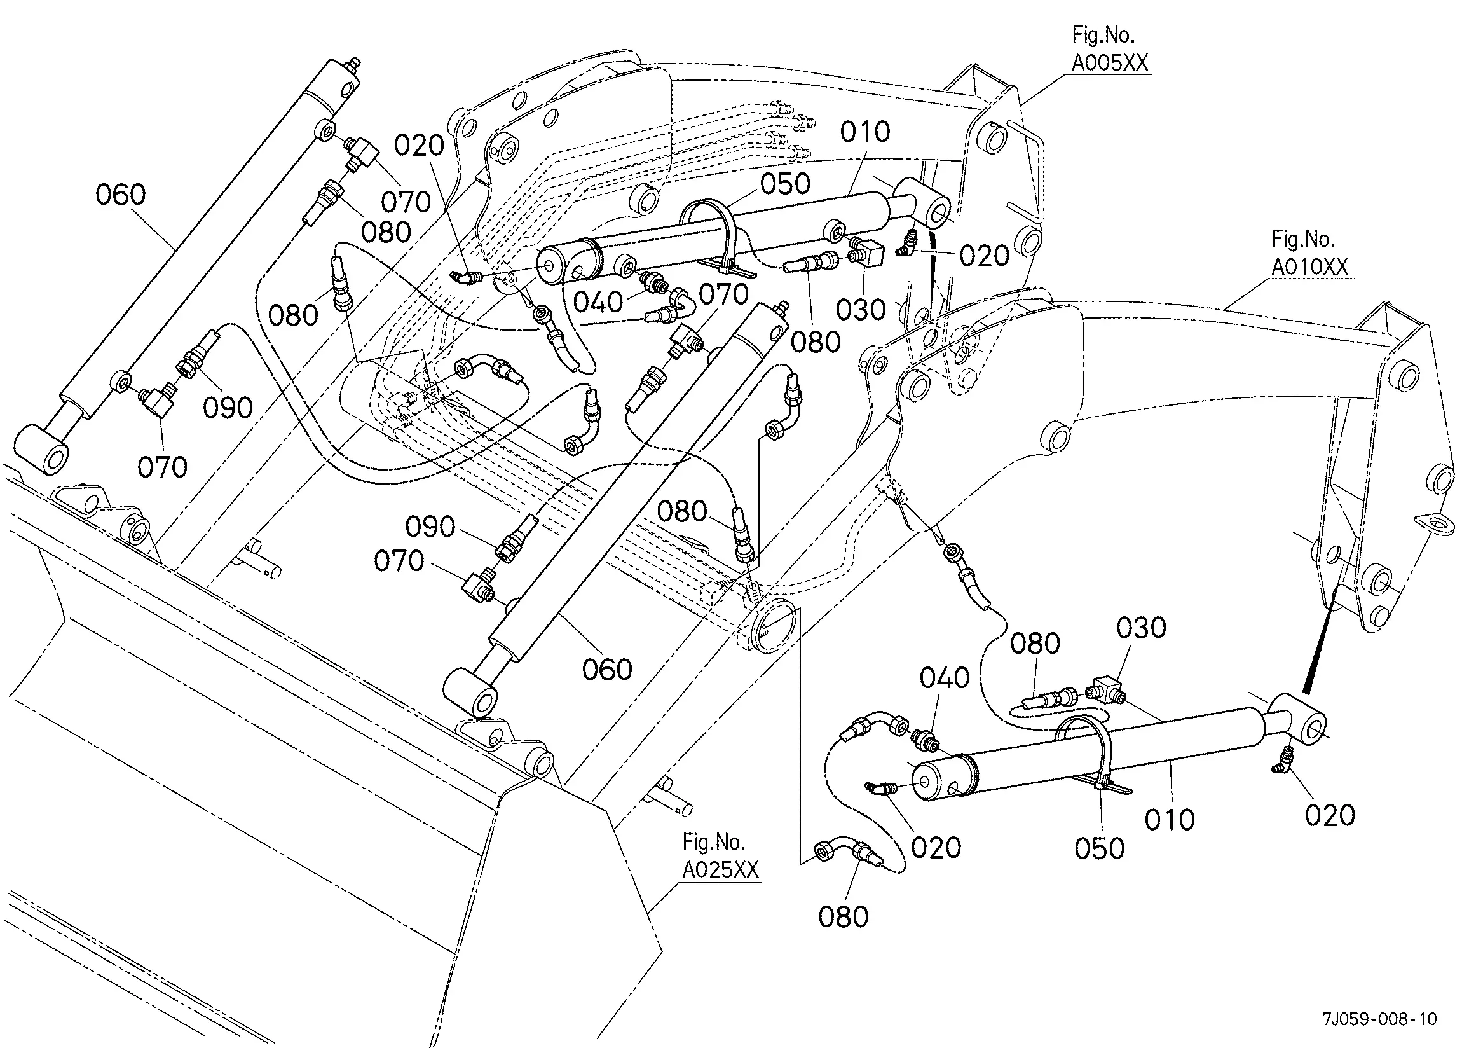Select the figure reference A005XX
pos(1109,62)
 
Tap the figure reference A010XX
pos(1309,266)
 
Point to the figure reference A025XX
pos(720,870)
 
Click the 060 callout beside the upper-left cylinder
pos(121,195)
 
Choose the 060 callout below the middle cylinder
pos(606,669)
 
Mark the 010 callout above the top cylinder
pos(864,132)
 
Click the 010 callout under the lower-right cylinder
pos(1170,820)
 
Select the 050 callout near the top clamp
pos(784,184)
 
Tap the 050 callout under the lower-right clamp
pos(1099,848)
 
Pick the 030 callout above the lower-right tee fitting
pos(1141,628)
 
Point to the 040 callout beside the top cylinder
pos(598,302)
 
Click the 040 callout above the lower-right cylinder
pos(944,679)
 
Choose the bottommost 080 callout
pos(843,917)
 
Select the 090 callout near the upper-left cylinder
pos(228,408)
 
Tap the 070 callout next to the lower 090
pos(399,561)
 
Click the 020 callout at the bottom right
pos(1329,816)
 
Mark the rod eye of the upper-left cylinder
pos(41,450)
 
